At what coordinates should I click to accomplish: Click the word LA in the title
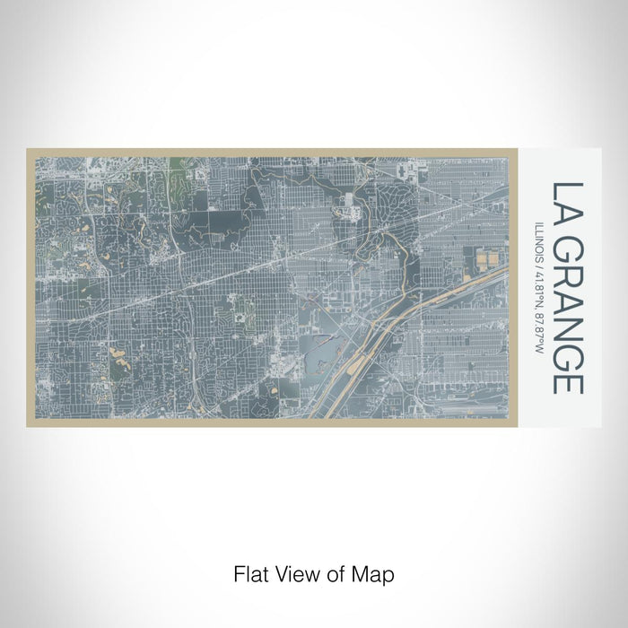tap(567, 203)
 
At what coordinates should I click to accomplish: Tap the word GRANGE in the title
tap(567, 315)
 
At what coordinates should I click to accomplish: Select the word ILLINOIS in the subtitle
tap(539, 240)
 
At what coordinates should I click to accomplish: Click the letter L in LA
tap(567, 191)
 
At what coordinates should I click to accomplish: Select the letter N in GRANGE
tap(567, 329)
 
